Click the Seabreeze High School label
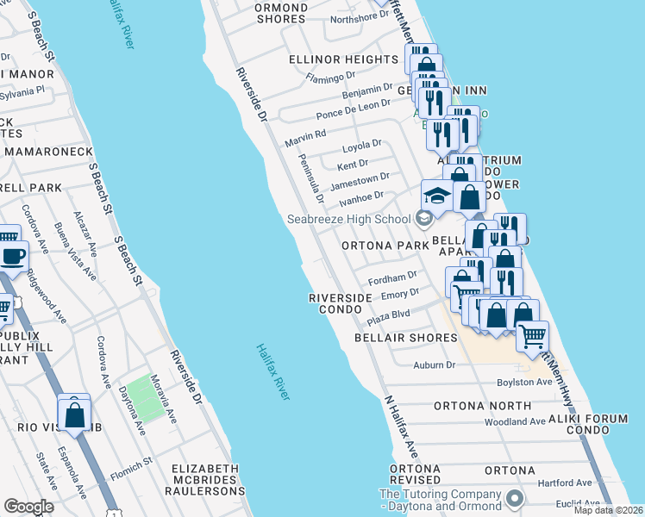[x=349, y=219]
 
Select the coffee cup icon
[x=14, y=257]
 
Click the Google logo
[x=28, y=507]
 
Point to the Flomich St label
[x=131, y=462]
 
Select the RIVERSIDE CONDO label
[x=341, y=303]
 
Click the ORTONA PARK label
[x=385, y=246]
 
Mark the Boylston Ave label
[x=523, y=382]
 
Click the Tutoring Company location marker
[x=516, y=498]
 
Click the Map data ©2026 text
[x=606, y=510]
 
